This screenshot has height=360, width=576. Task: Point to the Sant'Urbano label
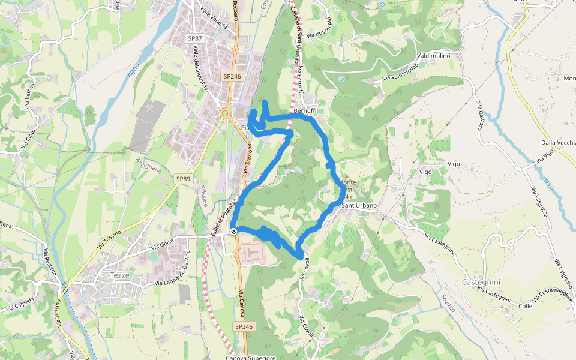pyautogui.click(x=359, y=206)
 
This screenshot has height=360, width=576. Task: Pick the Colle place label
pyautogui.click(x=526, y=306)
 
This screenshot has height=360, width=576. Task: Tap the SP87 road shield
pyautogui.click(x=195, y=38)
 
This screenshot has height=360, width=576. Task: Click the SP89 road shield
pyautogui.click(x=183, y=179)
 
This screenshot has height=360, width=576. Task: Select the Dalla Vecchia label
pyautogui.click(x=558, y=142)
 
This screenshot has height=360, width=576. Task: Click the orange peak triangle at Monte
pyautogui.click(x=346, y=176)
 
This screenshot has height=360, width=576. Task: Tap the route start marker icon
pyautogui.click(x=233, y=231)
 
